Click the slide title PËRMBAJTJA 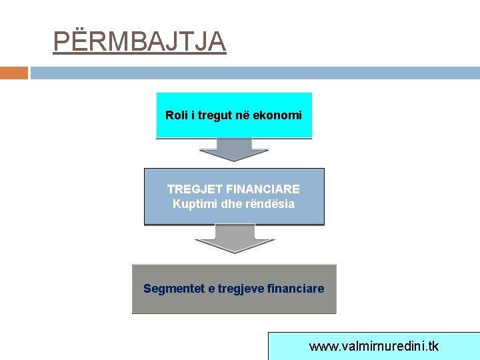139,42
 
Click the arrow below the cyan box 234,150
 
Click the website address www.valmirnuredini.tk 374,347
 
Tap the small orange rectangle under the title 14,73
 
